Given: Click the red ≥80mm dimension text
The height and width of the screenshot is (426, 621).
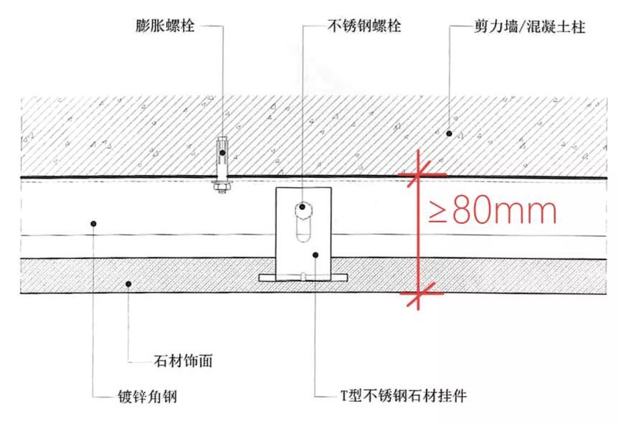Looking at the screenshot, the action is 493,212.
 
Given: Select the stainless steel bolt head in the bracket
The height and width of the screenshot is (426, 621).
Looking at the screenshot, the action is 304,207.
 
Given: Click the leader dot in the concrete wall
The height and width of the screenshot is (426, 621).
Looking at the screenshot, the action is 449,133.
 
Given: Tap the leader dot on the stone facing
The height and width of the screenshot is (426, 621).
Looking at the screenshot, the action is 128,285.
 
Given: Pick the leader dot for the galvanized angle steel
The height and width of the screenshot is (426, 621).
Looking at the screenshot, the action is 95,224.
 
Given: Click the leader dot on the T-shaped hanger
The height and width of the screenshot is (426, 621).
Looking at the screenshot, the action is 316,255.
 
